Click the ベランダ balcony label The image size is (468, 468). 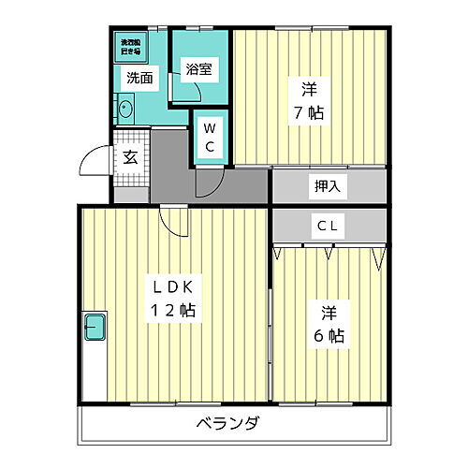(x=228, y=422)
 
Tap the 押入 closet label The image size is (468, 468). (x=328, y=185)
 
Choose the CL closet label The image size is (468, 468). (x=327, y=225)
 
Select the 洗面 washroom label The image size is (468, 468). (x=140, y=78)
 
